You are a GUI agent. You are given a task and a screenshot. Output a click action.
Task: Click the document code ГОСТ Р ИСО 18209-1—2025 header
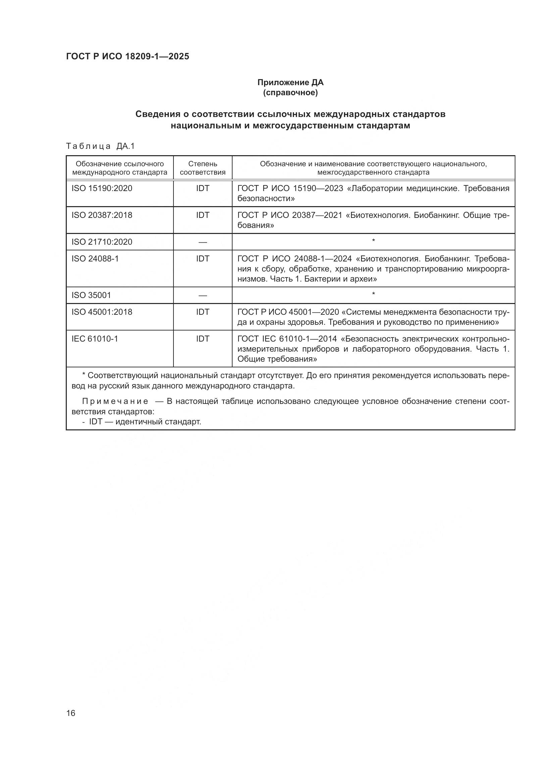tap(128, 57)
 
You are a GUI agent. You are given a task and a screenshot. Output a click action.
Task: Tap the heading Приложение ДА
tap(290, 82)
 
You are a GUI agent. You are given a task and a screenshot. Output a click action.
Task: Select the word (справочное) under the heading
tap(290, 93)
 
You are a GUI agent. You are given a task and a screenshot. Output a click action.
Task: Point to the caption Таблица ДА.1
tap(100, 146)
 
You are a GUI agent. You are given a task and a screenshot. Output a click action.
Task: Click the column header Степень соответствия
tap(203, 168)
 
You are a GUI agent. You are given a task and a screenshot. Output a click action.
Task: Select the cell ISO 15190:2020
tap(102, 188)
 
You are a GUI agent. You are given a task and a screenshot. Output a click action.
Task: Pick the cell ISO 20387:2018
tap(102, 215)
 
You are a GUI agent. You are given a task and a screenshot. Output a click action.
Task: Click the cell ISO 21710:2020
tap(102, 242)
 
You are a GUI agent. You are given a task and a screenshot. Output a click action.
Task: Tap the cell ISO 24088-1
tap(95, 259)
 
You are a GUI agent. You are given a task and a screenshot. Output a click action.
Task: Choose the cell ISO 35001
tap(91, 295)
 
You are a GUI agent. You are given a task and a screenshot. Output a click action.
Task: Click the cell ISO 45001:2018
tap(102, 312)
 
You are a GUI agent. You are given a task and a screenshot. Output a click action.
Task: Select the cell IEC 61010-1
tap(95, 339)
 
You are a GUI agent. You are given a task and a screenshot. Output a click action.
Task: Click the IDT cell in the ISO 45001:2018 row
tap(203, 312)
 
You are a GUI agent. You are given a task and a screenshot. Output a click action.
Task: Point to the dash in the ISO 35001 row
tap(203, 295)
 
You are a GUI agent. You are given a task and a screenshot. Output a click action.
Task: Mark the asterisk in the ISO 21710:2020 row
tap(373, 241)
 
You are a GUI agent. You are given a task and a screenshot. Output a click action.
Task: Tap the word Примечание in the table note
tap(115, 401)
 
